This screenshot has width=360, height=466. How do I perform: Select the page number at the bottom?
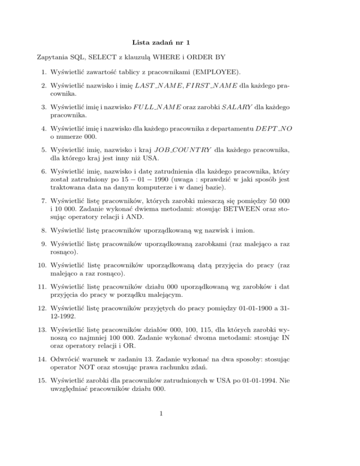(180, 449)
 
